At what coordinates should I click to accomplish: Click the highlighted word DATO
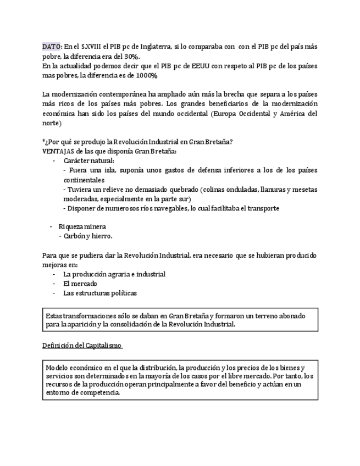coord(52,47)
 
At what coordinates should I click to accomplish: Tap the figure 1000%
coord(147,75)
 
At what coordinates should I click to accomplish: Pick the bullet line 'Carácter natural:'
coord(89,160)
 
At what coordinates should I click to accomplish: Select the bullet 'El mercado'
coord(80,284)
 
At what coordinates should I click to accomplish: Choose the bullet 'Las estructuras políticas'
coord(100,293)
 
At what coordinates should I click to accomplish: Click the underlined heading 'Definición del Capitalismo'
coord(82,346)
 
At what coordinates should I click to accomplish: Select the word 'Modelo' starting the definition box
coord(57,367)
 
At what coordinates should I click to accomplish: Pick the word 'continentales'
coord(84,179)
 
